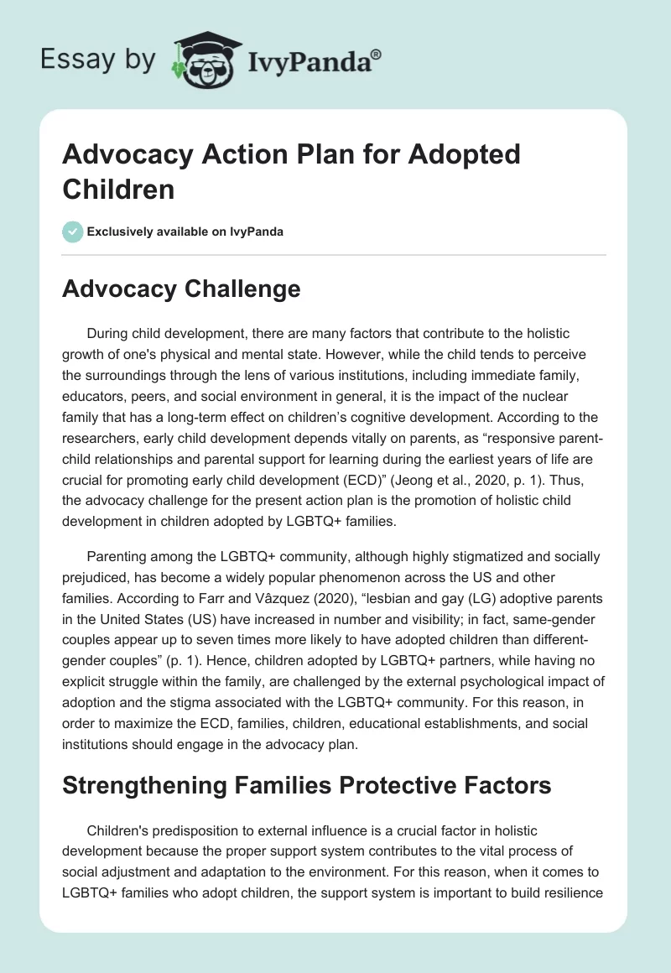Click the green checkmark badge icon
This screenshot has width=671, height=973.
pos(73,232)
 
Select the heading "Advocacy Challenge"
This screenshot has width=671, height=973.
pos(181,289)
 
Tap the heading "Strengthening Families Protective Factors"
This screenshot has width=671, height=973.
pos(307,785)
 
